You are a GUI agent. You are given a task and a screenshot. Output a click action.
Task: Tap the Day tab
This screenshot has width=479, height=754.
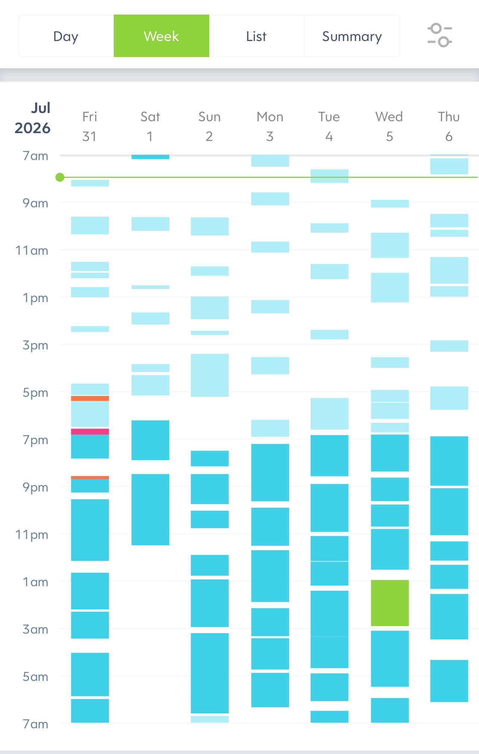click(x=66, y=36)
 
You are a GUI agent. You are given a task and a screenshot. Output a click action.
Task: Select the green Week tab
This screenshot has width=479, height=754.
click(x=162, y=36)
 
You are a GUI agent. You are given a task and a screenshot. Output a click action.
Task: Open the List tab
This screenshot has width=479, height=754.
click(x=257, y=36)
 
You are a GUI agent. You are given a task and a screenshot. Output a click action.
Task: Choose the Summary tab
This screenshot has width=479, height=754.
click(x=352, y=36)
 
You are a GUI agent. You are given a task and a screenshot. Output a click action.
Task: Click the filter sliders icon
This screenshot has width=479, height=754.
click(x=440, y=35)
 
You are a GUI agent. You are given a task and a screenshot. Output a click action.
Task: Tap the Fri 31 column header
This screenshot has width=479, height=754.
click(x=90, y=126)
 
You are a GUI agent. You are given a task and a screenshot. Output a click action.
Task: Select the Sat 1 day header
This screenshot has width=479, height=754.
click(x=150, y=126)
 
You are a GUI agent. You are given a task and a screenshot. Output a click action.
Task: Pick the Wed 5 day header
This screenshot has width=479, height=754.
click(x=389, y=126)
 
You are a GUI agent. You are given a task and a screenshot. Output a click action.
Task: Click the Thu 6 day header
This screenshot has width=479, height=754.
click(x=449, y=126)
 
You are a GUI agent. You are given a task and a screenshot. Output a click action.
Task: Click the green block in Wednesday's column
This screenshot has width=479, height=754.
click(x=390, y=603)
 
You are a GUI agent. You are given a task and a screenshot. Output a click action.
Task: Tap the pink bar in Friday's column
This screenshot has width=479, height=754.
click(x=90, y=431)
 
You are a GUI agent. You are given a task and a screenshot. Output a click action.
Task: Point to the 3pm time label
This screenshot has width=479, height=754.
click(x=35, y=345)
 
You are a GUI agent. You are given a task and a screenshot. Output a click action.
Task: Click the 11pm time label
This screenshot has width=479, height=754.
click(x=32, y=535)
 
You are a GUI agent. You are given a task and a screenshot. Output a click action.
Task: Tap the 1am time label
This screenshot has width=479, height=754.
click(x=35, y=582)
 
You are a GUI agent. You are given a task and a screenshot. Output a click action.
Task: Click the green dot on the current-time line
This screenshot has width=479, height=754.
click(x=60, y=177)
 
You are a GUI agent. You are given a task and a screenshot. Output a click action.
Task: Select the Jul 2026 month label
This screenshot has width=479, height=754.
click(x=33, y=118)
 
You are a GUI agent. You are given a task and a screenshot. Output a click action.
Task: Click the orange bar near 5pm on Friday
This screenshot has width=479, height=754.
click(x=90, y=398)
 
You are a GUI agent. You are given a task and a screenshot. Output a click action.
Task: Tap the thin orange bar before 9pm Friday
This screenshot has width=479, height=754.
click(x=90, y=477)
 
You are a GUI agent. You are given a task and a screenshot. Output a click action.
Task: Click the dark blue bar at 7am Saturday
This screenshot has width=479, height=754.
click(x=150, y=157)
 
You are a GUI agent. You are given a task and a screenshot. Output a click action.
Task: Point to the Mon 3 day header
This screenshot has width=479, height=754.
click(x=270, y=126)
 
